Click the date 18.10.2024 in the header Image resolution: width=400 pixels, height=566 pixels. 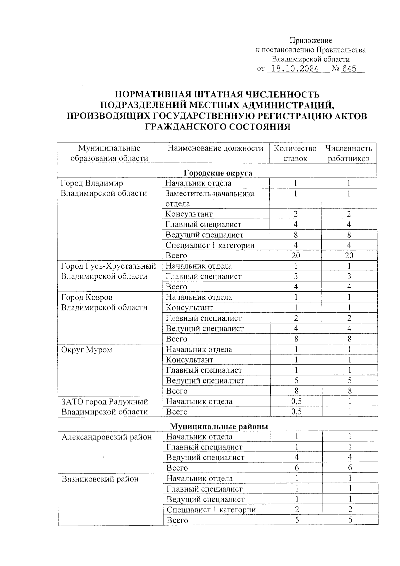coord(295,69)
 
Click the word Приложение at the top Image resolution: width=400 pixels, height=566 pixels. coord(311,40)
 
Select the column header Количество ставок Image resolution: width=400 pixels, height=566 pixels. coord(295,153)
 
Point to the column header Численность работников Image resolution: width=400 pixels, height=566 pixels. coord(349,153)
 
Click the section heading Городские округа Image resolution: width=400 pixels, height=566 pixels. coord(218,173)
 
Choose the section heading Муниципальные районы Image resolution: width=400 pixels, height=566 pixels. coord(219,426)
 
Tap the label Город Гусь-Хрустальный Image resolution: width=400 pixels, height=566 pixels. coord(109,266)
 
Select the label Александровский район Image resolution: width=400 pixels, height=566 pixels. coord(107,437)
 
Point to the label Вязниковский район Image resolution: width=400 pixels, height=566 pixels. coord(100,479)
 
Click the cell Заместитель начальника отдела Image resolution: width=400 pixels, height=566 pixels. coord(210,198)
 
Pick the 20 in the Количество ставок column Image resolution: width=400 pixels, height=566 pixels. coord(295,256)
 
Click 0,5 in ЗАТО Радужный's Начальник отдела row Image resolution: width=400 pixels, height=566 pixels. coord(296,401)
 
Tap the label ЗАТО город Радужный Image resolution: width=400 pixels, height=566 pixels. coord(105,401)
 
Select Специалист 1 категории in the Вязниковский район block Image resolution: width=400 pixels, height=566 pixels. coord(211,510)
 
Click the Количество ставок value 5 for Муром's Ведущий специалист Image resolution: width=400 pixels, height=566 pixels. coord(296,380)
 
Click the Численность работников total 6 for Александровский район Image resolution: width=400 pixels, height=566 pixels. coord(350,468)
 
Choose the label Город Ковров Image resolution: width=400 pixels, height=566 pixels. coord(87,297)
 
